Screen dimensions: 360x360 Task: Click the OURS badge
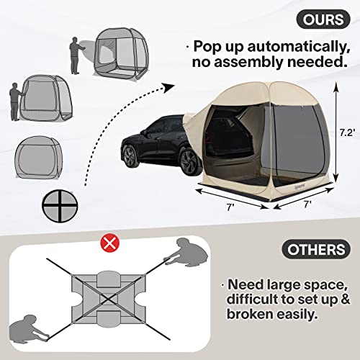(x=323, y=19)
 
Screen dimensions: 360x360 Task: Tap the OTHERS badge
(x=316, y=249)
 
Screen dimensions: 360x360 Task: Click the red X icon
(x=109, y=243)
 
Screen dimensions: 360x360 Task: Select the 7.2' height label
(x=347, y=132)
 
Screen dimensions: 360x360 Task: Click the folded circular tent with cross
(x=60, y=206)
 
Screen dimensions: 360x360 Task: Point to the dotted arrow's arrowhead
(x=168, y=88)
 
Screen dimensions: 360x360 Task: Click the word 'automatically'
(x=298, y=47)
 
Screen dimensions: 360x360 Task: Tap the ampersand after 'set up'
(x=345, y=299)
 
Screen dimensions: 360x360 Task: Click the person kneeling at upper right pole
(x=189, y=253)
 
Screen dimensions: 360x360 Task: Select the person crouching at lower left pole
(x=27, y=328)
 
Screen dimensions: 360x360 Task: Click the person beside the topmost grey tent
(x=76, y=55)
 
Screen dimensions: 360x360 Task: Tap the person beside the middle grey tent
(x=16, y=102)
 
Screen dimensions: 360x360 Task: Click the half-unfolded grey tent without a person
(x=40, y=157)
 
